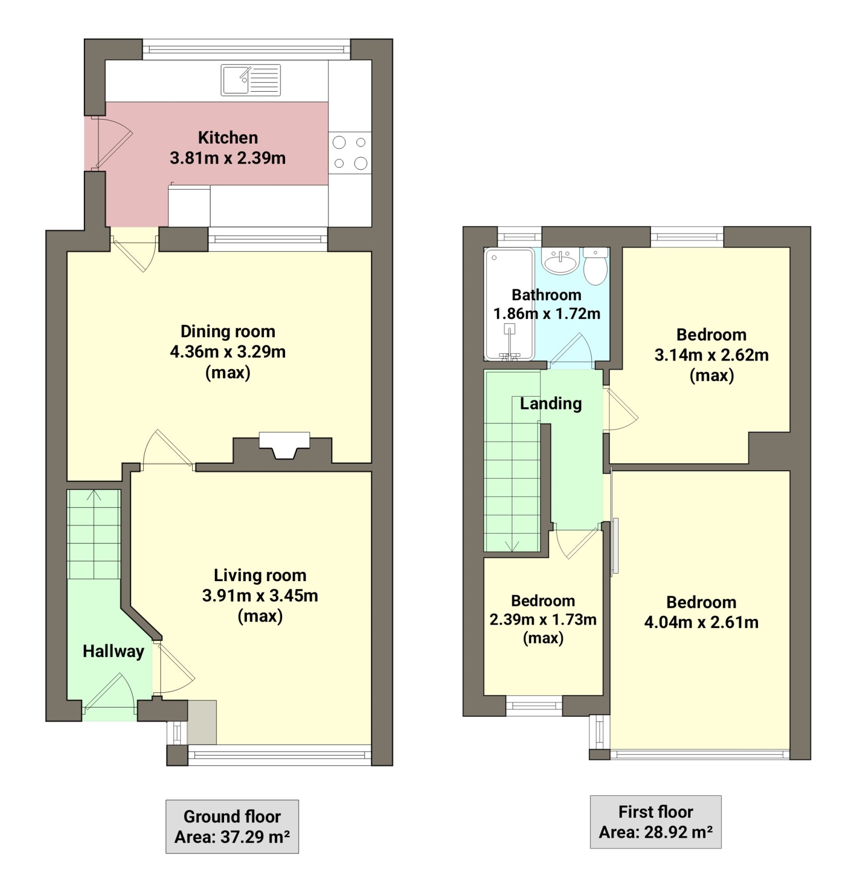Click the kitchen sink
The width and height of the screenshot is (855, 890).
point(250,80)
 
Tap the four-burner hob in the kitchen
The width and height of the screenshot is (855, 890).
point(350,153)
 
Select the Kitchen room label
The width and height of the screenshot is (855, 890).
point(227,137)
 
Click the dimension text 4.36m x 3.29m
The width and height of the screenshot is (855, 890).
point(227,352)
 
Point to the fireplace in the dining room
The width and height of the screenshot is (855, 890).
point(284,445)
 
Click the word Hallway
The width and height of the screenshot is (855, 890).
point(113,651)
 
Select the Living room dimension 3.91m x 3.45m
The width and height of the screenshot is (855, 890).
point(260,595)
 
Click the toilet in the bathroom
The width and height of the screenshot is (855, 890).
point(596,266)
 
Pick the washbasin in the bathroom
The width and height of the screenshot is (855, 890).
point(561,262)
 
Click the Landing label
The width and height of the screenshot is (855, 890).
point(551,403)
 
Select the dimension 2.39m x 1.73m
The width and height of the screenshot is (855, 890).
point(543,619)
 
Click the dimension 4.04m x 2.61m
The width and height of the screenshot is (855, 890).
point(701,622)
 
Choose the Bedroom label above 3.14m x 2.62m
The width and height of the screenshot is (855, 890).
point(711,334)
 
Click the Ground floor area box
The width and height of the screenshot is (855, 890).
point(232,826)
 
